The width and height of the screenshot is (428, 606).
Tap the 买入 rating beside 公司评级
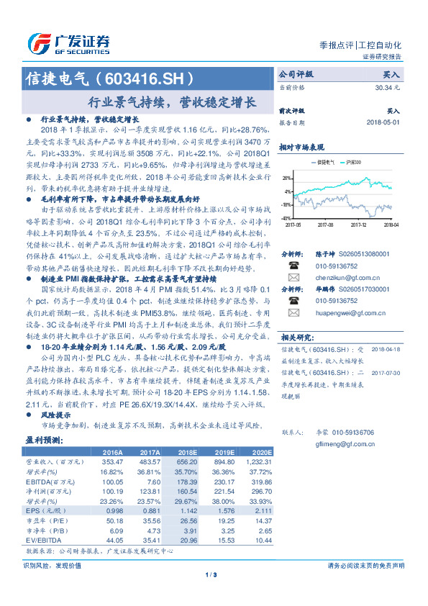point(391,74)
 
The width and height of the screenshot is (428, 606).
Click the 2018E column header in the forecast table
point(189,452)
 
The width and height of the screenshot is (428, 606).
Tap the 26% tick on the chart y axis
point(287,177)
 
